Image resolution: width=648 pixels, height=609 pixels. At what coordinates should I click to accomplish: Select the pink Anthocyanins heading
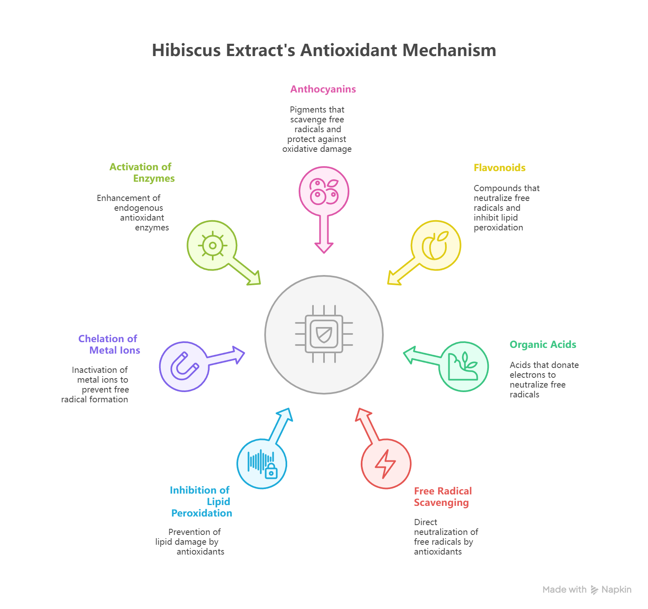tap(323, 89)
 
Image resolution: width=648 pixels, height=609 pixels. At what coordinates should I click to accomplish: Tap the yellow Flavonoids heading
tap(499, 168)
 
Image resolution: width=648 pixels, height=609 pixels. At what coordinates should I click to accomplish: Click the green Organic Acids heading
tap(542, 345)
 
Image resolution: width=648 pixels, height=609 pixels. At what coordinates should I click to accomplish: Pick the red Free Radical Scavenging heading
tap(442, 497)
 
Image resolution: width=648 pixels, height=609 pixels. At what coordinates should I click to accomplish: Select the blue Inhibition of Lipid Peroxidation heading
tap(201, 501)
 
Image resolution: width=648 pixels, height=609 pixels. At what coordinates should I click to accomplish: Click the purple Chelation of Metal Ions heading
tap(109, 345)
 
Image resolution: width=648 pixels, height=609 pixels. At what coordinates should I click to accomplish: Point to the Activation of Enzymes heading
tap(142, 173)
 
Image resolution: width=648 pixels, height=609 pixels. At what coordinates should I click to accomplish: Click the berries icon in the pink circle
tap(324, 191)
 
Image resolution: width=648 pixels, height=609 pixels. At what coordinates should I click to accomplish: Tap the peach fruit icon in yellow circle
tap(436, 245)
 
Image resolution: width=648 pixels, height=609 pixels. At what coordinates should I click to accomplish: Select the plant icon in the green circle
tap(464, 366)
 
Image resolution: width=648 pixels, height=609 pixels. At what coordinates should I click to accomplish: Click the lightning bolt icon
tap(385, 464)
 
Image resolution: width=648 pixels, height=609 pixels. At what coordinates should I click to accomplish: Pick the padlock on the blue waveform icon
tap(271, 472)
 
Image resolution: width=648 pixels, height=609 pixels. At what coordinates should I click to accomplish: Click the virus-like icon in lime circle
tap(212, 246)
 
